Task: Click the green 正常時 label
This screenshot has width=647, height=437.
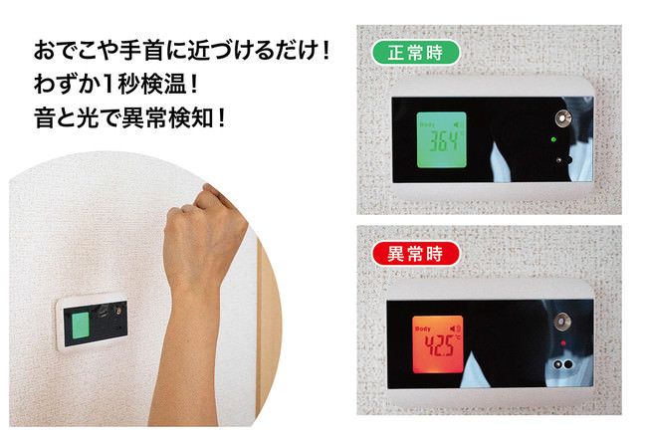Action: click(415, 53)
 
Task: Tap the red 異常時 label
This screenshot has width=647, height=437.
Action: click(415, 254)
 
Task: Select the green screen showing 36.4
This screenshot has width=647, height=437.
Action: click(442, 140)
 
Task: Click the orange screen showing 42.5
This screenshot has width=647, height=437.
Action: click(438, 344)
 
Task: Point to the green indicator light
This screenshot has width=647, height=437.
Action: click(553, 139)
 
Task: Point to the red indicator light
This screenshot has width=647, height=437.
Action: click(563, 342)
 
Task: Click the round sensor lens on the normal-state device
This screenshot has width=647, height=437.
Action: click(562, 118)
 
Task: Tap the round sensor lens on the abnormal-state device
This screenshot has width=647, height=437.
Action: click(562, 322)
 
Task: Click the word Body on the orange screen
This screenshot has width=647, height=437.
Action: click(423, 328)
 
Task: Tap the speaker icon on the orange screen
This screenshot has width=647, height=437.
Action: click(455, 328)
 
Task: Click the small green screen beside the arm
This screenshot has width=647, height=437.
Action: click(81, 326)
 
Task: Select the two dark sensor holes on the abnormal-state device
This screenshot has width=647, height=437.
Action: click(562, 364)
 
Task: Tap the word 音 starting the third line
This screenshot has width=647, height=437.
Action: click(45, 118)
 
